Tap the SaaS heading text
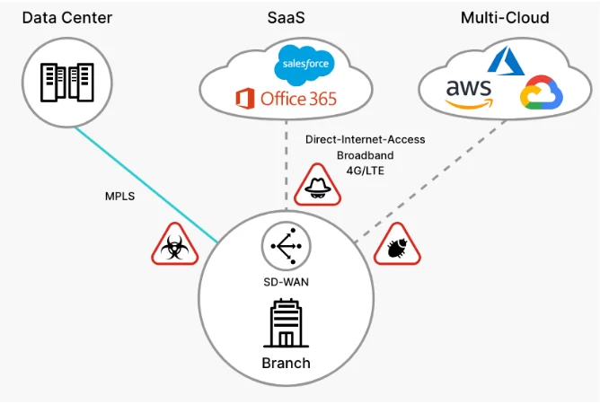[x=286, y=17]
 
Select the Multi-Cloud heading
[x=504, y=17]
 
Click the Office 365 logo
[x=285, y=98]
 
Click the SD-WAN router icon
[x=286, y=244]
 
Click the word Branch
[x=286, y=364]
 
